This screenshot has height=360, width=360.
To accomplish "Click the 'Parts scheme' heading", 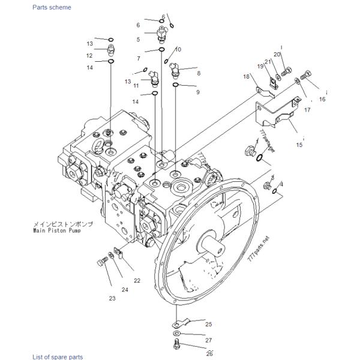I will pos(52,7).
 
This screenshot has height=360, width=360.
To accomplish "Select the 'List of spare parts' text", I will pos(58,357).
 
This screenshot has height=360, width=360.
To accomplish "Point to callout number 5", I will pos(138,40).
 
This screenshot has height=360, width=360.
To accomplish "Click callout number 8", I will pos(199,73).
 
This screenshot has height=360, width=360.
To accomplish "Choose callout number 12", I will pos(89,56).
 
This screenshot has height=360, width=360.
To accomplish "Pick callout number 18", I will pos(246,77).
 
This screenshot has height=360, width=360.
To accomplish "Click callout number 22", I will pos(137,281).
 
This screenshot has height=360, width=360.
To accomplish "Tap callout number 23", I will pos(112,298).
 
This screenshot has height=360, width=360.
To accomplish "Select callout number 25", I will pos(208,324).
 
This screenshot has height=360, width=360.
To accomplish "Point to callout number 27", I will pos(208,340).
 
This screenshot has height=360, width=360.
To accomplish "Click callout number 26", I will pos(209,353).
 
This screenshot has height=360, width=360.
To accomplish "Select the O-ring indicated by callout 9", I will pos(176,85).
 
